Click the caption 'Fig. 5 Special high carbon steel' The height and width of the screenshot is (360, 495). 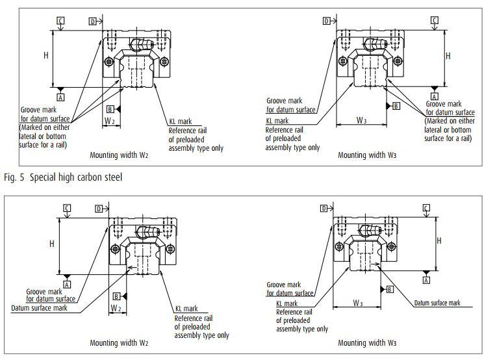click(62, 177)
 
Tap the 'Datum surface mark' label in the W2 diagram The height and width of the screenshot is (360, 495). click(39, 307)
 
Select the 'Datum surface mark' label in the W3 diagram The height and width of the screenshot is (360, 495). click(437, 303)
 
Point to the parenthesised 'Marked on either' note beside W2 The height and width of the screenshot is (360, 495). click(45, 127)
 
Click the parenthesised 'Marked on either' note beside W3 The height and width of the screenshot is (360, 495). click(450, 121)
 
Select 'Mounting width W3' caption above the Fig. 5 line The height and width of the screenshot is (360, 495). click(367, 155)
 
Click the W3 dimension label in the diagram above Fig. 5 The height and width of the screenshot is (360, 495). click(361, 120)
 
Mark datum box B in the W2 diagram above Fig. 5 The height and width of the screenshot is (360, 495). click(110, 109)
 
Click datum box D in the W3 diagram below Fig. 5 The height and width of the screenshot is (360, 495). click(323, 208)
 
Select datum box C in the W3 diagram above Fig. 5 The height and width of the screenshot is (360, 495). click(434, 21)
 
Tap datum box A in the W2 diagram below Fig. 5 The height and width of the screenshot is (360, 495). click(66, 285)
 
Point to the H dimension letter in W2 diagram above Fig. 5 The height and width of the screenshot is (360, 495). click(46, 56)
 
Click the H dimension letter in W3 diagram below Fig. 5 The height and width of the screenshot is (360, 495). click(438, 240)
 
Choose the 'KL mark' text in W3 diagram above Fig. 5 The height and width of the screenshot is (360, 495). click(277, 121)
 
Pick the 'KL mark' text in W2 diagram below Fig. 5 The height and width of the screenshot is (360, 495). click(186, 309)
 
